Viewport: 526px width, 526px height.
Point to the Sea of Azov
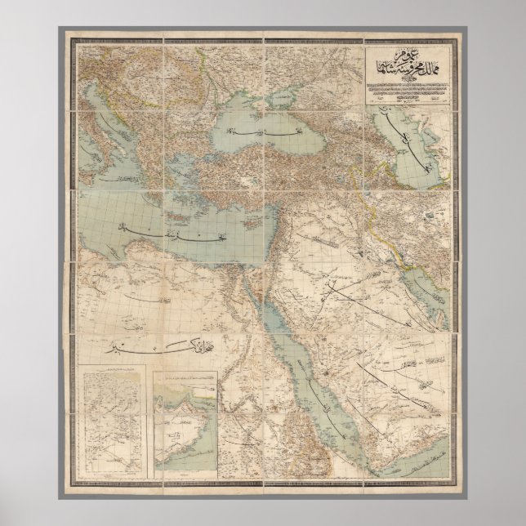point(260,91)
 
